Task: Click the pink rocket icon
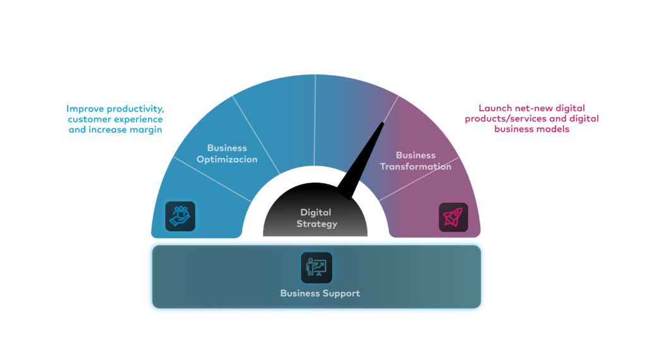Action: (x=453, y=217)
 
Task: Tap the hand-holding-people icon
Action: (x=180, y=216)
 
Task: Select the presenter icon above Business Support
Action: (x=316, y=267)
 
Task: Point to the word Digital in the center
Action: (x=315, y=212)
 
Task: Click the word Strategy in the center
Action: (x=317, y=224)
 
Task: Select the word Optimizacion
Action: (x=227, y=159)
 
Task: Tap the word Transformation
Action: (x=415, y=167)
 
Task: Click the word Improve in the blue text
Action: (x=85, y=108)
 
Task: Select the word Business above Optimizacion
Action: (x=227, y=148)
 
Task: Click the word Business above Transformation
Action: (x=415, y=155)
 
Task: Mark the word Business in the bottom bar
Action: (x=300, y=293)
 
